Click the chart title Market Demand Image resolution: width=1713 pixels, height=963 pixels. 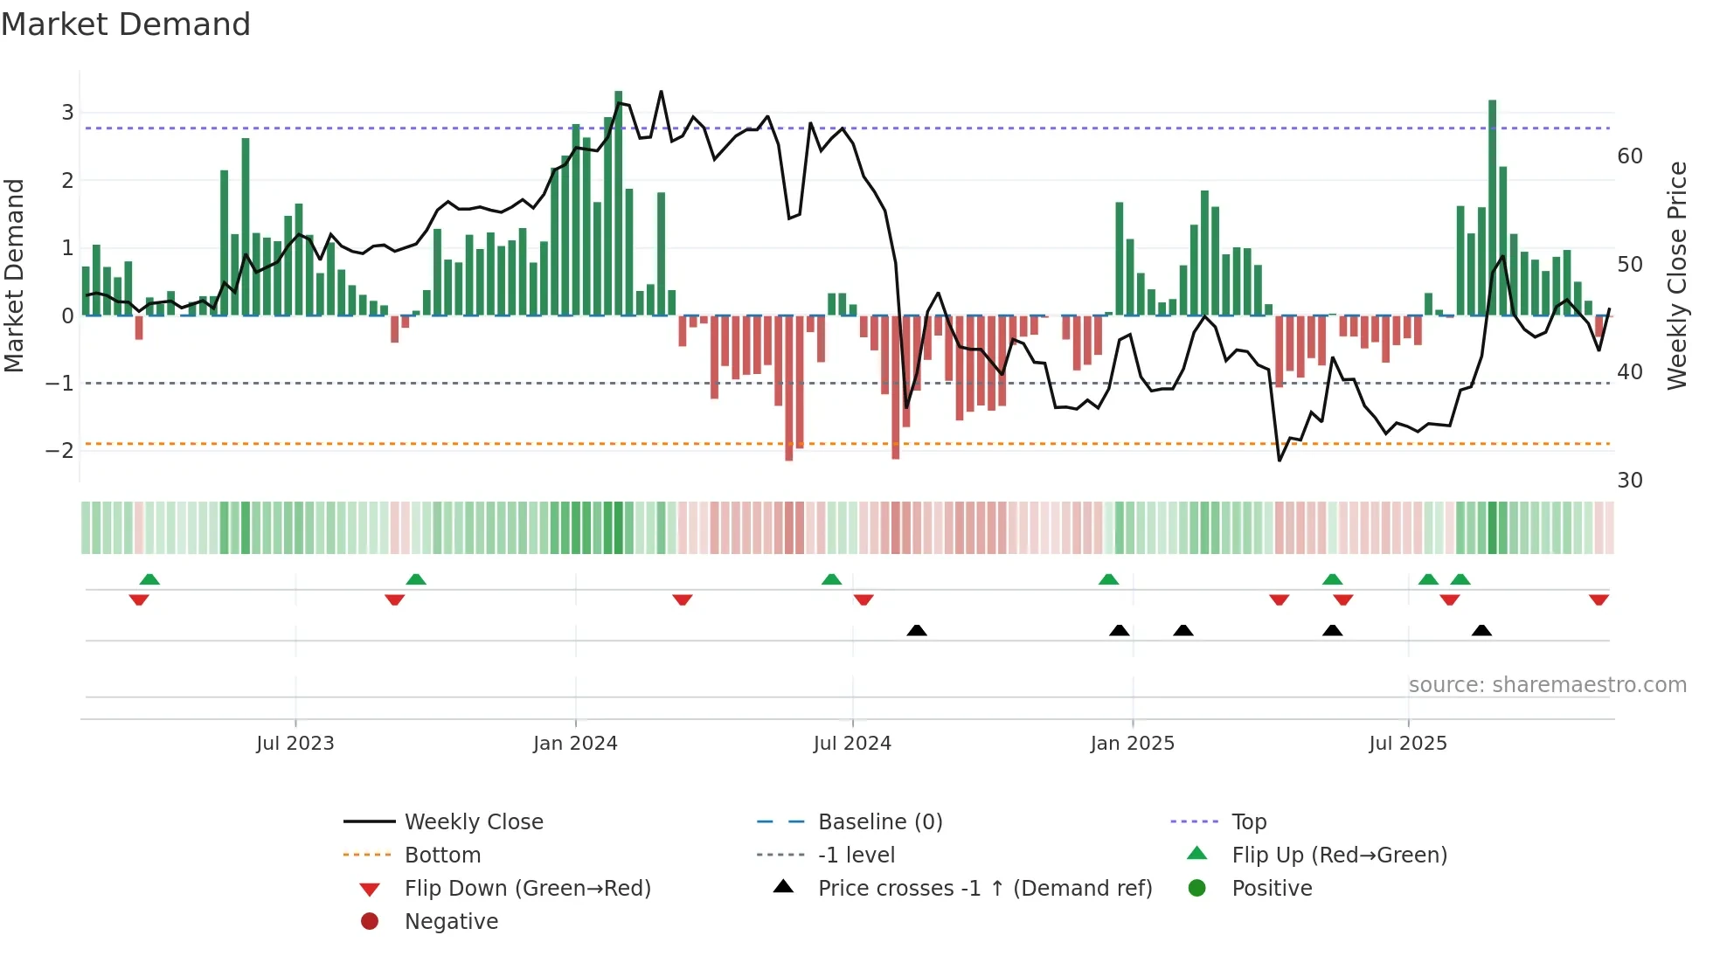pos(126,24)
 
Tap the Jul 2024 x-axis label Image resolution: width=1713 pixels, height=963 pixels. pos(852,744)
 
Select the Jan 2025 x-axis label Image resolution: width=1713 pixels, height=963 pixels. pos(1132,744)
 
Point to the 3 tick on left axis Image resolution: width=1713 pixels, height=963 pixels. pos(67,112)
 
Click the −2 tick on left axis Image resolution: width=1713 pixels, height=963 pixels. pos(60,451)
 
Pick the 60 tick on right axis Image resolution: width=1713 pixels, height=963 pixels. pos(1630,156)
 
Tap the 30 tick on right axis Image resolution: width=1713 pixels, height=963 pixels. pos(1630,481)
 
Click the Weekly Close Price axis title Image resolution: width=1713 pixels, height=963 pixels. pos(1676,275)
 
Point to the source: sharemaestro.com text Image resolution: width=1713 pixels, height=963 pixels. pos(1547,685)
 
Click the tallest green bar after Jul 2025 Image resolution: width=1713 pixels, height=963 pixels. pos(1492,208)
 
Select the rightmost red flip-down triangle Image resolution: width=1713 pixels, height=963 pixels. pos(1599,599)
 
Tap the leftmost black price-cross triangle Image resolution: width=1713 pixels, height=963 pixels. pos(916,630)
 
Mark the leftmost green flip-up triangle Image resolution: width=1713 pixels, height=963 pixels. pos(149,578)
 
